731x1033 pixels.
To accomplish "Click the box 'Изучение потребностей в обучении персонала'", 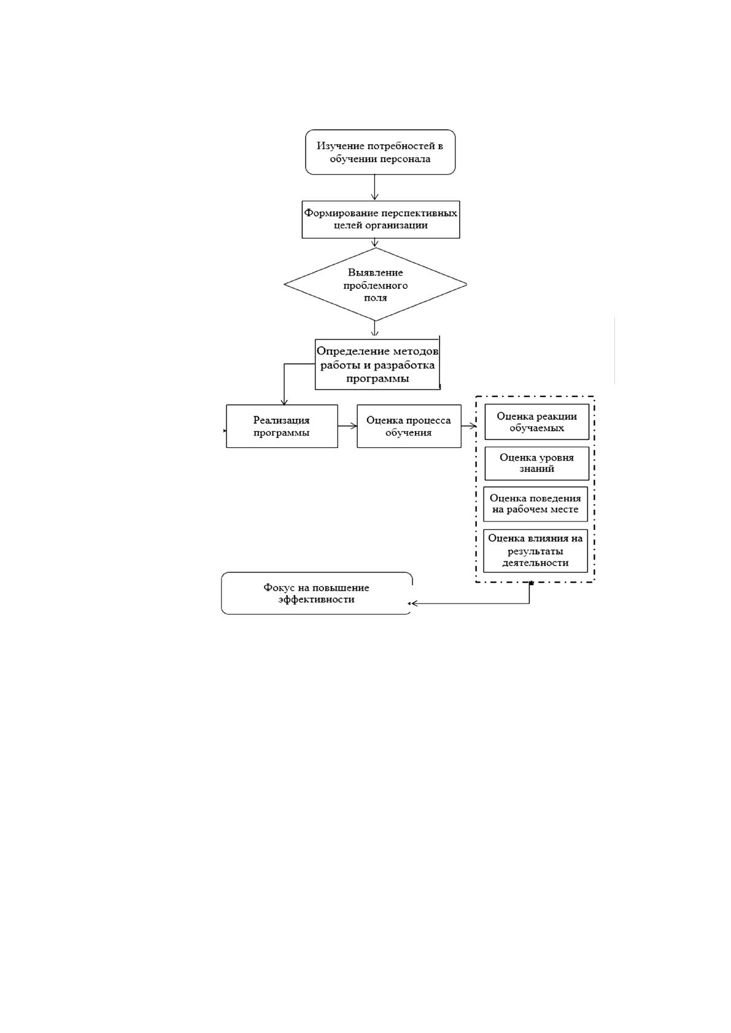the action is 381,152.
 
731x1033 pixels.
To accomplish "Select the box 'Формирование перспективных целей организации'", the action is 381,220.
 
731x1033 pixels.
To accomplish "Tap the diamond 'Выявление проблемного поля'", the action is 375,285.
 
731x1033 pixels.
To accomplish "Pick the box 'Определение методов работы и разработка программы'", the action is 377,365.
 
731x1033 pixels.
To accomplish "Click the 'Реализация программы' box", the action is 282,426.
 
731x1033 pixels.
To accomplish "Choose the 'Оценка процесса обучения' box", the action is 409,426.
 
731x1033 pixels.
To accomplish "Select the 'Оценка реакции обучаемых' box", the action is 536,422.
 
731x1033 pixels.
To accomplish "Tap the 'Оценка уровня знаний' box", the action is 536,464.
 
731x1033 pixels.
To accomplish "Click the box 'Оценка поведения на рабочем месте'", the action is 535,504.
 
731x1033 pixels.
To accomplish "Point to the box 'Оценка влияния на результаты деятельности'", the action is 535,551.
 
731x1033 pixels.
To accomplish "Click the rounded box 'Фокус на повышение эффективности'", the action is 317,594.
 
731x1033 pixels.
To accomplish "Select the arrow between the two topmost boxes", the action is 375,187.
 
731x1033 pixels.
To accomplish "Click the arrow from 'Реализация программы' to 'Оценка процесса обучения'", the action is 347,426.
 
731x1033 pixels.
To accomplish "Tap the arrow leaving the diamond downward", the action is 375,328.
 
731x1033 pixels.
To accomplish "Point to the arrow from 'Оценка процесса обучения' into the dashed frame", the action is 469,426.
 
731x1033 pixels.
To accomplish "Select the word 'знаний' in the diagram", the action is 536,469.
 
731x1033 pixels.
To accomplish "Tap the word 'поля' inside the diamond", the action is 375,298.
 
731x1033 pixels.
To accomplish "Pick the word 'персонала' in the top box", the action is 404,159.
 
